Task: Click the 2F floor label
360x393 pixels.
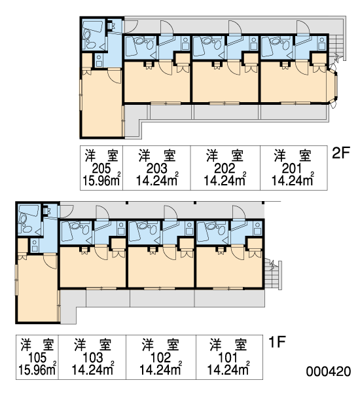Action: pos(340,153)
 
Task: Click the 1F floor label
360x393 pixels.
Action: pos(277,342)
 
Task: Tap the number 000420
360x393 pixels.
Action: pos(328,371)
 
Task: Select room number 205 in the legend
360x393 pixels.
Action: pos(101,168)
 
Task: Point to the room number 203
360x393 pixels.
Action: pos(156,168)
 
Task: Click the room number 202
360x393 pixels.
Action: pos(225,168)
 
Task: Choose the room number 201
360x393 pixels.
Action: pos(292,168)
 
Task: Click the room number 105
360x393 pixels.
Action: pos(37,358)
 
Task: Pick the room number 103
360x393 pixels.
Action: pos(92,358)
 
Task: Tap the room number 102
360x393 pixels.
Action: pos(160,358)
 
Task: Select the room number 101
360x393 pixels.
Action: pos(228,358)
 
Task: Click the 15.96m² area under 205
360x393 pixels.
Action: pos(101,179)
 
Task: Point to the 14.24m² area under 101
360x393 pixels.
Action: pos(228,369)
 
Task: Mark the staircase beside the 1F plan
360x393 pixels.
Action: pos(273,274)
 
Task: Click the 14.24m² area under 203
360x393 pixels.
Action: pos(157,179)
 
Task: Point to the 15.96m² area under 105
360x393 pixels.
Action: pos(37,369)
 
